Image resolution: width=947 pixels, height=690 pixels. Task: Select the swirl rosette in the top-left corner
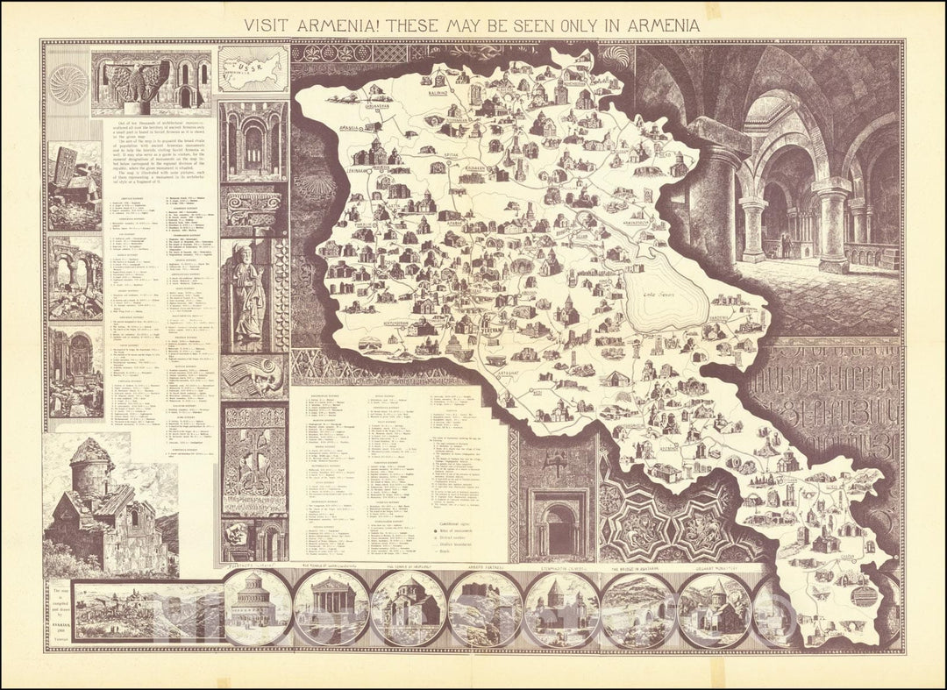point(67,83)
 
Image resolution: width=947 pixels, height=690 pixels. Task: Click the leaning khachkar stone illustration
point(74,185)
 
